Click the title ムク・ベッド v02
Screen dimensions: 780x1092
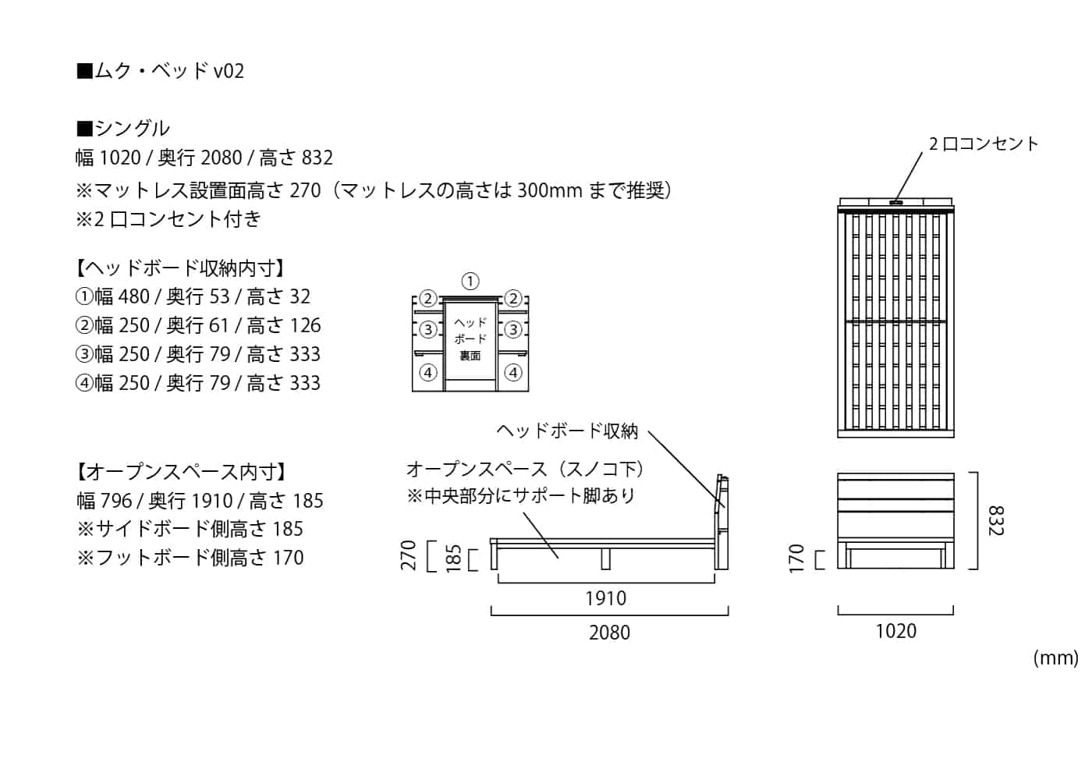(x=161, y=71)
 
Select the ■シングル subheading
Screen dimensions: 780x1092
(x=123, y=128)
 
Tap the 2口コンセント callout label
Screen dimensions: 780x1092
(x=984, y=144)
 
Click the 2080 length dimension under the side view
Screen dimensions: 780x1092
(x=609, y=633)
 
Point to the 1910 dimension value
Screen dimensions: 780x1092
(x=605, y=598)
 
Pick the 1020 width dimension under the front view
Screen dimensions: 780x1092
(x=895, y=631)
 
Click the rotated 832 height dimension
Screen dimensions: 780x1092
(x=995, y=520)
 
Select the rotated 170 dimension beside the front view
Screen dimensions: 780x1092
(x=796, y=558)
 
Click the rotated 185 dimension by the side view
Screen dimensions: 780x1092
(x=453, y=558)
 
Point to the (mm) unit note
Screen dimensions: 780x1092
(x=1055, y=658)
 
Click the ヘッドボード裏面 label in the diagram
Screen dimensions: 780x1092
(x=470, y=339)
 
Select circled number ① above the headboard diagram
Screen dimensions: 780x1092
(x=470, y=281)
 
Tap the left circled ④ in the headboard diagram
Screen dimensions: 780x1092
(x=428, y=373)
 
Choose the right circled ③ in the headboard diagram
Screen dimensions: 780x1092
(x=512, y=329)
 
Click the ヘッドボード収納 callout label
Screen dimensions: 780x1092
(x=567, y=431)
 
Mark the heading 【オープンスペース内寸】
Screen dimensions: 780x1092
(x=181, y=472)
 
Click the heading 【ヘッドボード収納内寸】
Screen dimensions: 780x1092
(x=181, y=268)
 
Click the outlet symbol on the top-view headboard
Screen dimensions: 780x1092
(x=895, y=203)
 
